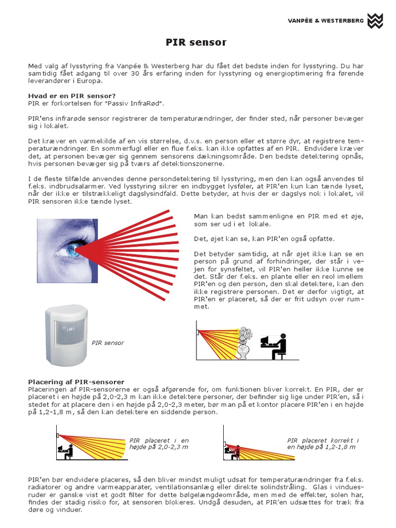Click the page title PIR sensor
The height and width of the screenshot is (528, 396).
(196, 42)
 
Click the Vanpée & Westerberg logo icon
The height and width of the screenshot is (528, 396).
(375, 21)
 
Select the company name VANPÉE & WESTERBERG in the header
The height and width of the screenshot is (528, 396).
(325, 21)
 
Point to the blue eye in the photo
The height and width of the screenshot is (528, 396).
(70, 251)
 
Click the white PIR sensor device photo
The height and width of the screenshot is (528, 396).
(68, 334)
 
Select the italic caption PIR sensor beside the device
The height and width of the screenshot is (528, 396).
(108, 343)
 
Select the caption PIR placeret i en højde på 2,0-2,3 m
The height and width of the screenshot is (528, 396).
(159, 443)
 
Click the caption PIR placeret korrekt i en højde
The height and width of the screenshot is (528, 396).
(322, 443)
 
